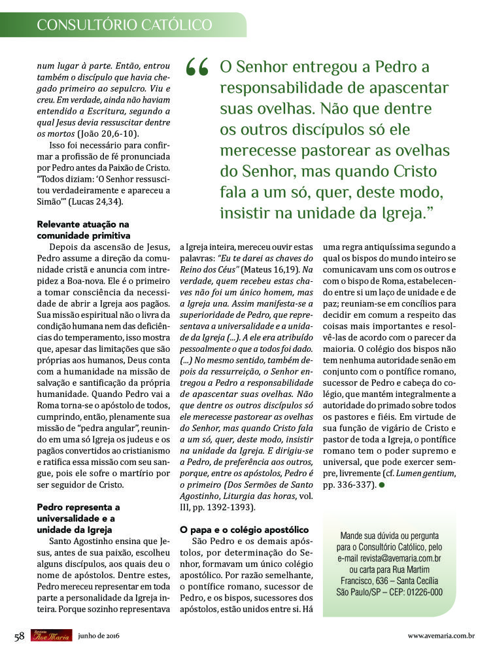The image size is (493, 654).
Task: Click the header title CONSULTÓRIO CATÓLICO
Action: pos(124,25)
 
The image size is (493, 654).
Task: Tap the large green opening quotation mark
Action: pos(197,67)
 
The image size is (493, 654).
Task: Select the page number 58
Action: pos(19,636)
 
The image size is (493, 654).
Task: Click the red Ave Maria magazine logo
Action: pos(51,636)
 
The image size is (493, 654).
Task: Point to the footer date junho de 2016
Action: pos(98,636)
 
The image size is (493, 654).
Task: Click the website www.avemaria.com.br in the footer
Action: pos(441,636)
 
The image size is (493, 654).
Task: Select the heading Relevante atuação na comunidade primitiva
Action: pos(83,230)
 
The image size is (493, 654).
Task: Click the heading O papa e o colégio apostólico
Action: pos(243,529)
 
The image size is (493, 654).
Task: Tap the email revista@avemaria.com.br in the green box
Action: pos(390,559)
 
